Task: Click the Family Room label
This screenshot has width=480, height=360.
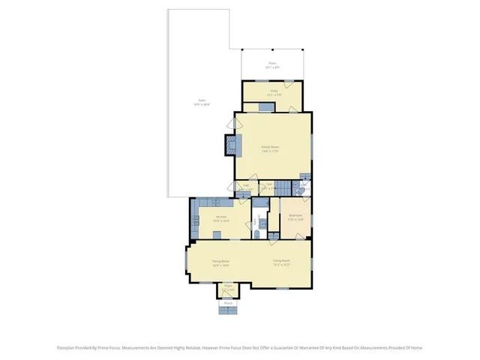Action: (270, 148)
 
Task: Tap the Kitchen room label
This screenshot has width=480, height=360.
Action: (220, 219)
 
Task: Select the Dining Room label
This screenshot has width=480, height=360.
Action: (220, 262)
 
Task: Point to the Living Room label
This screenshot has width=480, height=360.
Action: (281, 262)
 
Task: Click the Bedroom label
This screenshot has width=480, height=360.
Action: (295, 217)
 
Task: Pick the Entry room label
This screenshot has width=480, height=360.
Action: (274, 93)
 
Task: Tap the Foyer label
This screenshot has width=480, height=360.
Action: (228, 288)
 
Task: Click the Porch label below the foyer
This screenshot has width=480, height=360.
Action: (228, 303)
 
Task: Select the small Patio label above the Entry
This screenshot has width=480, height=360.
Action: (273, 65)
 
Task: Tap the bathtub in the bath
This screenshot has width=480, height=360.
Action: (259, 202)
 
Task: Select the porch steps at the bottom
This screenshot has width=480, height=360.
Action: (228, 310)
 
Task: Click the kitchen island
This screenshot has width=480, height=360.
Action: (217, 234)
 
